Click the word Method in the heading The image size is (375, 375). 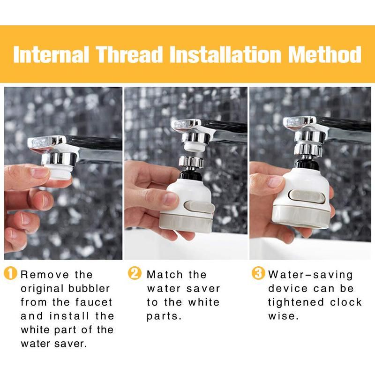tap(324, 55)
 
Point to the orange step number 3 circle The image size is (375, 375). tap(259, 274)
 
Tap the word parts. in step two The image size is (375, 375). tap(164, 316)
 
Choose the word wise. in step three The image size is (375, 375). tap(283, 316)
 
